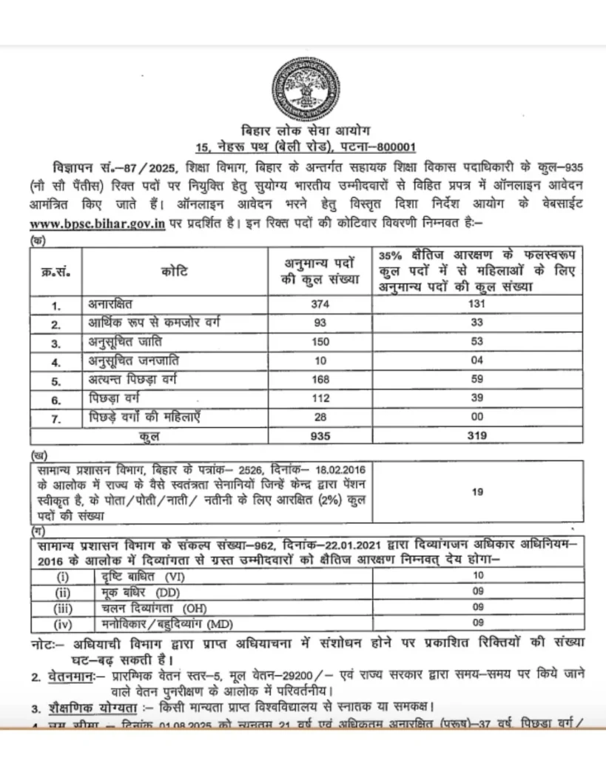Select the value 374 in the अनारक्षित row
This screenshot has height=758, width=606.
320,305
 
